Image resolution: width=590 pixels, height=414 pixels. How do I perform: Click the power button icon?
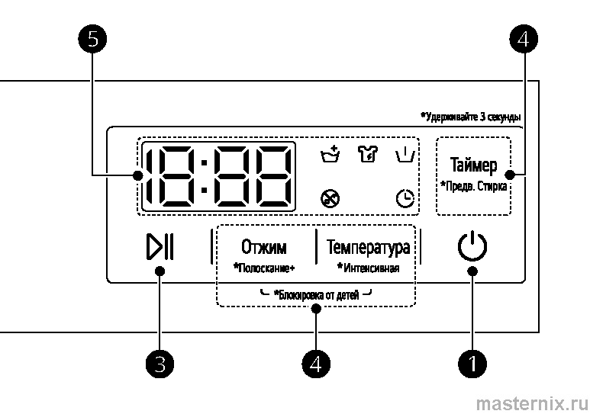[x=472, y=247]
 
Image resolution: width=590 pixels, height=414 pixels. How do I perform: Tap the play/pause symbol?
[x=160, y=248]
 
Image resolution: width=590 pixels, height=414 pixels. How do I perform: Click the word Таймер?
[x=473, y=165]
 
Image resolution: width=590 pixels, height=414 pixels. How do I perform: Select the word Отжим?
[x=264, y=247]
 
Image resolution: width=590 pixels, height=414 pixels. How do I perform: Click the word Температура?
[x=368, y=247]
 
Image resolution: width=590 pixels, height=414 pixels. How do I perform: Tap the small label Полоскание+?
[x=264, y=268]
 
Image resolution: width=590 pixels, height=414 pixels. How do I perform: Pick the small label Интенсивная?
[x=368, y=268]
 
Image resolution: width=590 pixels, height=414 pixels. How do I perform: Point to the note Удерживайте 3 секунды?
[x=471, y=117]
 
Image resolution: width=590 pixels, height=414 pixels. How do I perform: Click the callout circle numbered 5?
[x=92, y=40]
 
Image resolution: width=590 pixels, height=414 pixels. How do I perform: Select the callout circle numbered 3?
[x=160, y=363]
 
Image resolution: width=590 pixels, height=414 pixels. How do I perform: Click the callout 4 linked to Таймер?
[x=523, y=40]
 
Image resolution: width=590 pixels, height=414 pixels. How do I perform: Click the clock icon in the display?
[x=405, y=198]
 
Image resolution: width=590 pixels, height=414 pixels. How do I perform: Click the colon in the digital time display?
[x=202, y=176]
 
